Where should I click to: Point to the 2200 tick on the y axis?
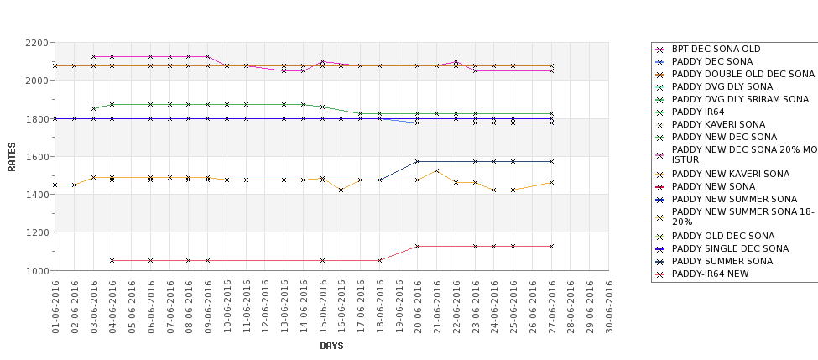click(x=37, y=43)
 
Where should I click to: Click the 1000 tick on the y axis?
click(x=37, y=271)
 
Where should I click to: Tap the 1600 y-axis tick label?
click(x=37, y=157)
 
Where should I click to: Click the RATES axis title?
click(x=12, y=156)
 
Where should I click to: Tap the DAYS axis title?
click(x=331, y=346)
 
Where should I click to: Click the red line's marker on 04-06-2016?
click(x=112, y=260)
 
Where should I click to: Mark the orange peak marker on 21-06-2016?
click(x=436, y=170)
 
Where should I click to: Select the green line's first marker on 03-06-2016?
click(x=93, y=108)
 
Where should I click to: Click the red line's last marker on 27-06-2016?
click(x=551, y=246)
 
